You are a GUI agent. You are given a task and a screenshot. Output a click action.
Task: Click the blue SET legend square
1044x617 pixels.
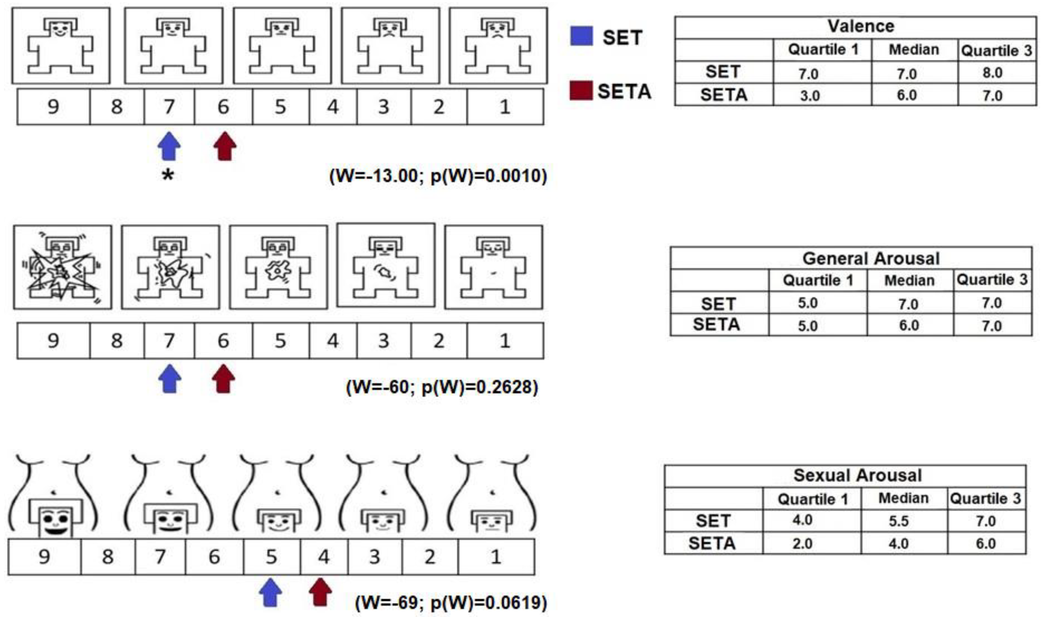point(581,36)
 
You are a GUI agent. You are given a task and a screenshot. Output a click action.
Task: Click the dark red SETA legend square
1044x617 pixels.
point(581,91)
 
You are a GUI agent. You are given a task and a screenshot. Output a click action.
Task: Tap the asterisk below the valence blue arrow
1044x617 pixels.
point(168,175)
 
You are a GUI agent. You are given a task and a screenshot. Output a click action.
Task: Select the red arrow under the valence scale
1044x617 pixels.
point(225,146)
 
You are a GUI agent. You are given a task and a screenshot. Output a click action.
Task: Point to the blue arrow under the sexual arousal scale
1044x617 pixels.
point(271,592)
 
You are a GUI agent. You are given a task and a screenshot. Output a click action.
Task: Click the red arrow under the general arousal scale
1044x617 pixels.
point(224,378)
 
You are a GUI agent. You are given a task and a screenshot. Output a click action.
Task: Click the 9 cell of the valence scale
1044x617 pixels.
point(53,107)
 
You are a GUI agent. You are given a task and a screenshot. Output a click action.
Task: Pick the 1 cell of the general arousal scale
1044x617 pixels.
point(505,340)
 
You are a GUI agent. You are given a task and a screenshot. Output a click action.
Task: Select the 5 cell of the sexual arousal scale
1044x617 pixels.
point(271,556)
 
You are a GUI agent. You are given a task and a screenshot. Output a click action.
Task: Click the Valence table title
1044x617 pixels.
point(861,27)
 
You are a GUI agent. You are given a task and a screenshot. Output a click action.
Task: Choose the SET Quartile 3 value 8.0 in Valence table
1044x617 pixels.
point(992,73)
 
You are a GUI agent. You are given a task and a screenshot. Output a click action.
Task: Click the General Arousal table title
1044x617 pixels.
point(871,258)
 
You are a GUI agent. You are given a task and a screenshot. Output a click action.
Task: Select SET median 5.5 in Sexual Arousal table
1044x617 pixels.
point(898,521)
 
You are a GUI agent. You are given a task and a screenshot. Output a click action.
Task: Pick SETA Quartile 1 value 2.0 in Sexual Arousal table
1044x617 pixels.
point(802,543)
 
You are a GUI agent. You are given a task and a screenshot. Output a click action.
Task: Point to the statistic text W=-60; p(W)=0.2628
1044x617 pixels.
point(442,387)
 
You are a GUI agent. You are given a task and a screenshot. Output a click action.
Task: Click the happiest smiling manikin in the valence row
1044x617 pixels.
point(61,46)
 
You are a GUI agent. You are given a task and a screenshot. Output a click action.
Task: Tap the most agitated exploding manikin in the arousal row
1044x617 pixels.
point(62,267)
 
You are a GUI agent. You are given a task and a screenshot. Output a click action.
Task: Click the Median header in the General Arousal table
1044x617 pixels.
point(909,281)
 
